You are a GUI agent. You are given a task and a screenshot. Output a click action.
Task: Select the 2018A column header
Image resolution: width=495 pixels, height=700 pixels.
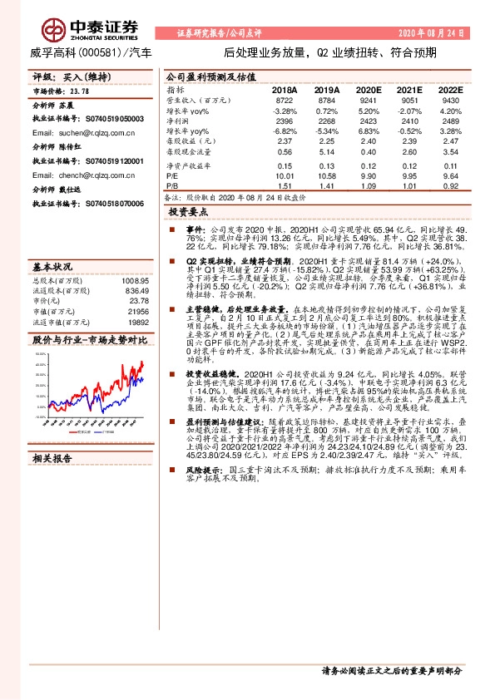coord(284,88)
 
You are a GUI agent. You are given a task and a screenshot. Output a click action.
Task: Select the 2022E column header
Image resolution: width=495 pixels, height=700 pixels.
coord(450,88)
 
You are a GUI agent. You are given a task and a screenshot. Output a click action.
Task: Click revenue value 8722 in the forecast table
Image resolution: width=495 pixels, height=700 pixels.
coord(285,100)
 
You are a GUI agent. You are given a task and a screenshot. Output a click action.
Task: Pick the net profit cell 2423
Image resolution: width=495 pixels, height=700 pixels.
coord(368,121)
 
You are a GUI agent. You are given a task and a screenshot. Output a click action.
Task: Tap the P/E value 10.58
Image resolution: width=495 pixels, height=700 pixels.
coord(326,176)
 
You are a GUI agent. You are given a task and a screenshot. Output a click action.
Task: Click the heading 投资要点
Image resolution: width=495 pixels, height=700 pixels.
coord(187,213)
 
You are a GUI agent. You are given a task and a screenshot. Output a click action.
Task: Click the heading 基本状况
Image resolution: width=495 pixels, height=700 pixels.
coord(52,267)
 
